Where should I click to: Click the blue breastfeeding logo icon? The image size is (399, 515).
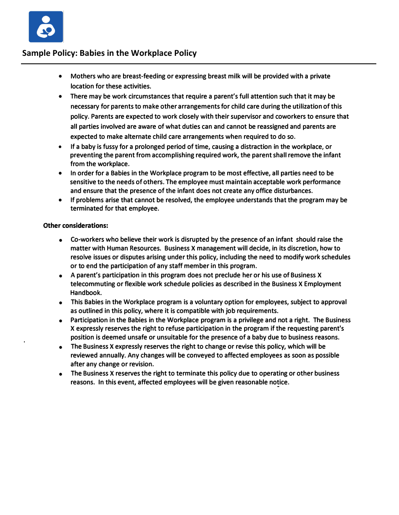pyautogui.click(x=46, y=27)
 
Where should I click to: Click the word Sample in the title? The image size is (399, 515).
pyautogui.click(x=36, y=53)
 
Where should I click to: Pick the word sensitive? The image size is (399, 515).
pyautogui.click(x=83, y=182)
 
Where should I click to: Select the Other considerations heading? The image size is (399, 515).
pyautogui.click(x=76, y=226)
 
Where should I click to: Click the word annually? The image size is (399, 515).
pyautogui.click(x=109, y=356)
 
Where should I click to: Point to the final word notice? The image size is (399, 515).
pyautogui.click(x=278, y=382)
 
